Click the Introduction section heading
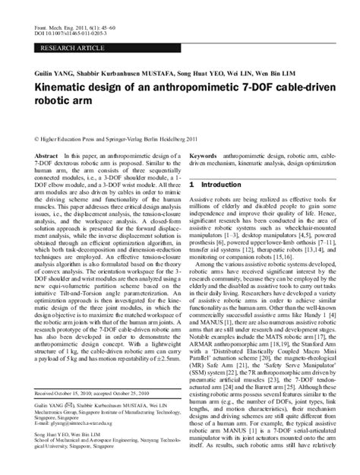[x=228, y=185]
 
